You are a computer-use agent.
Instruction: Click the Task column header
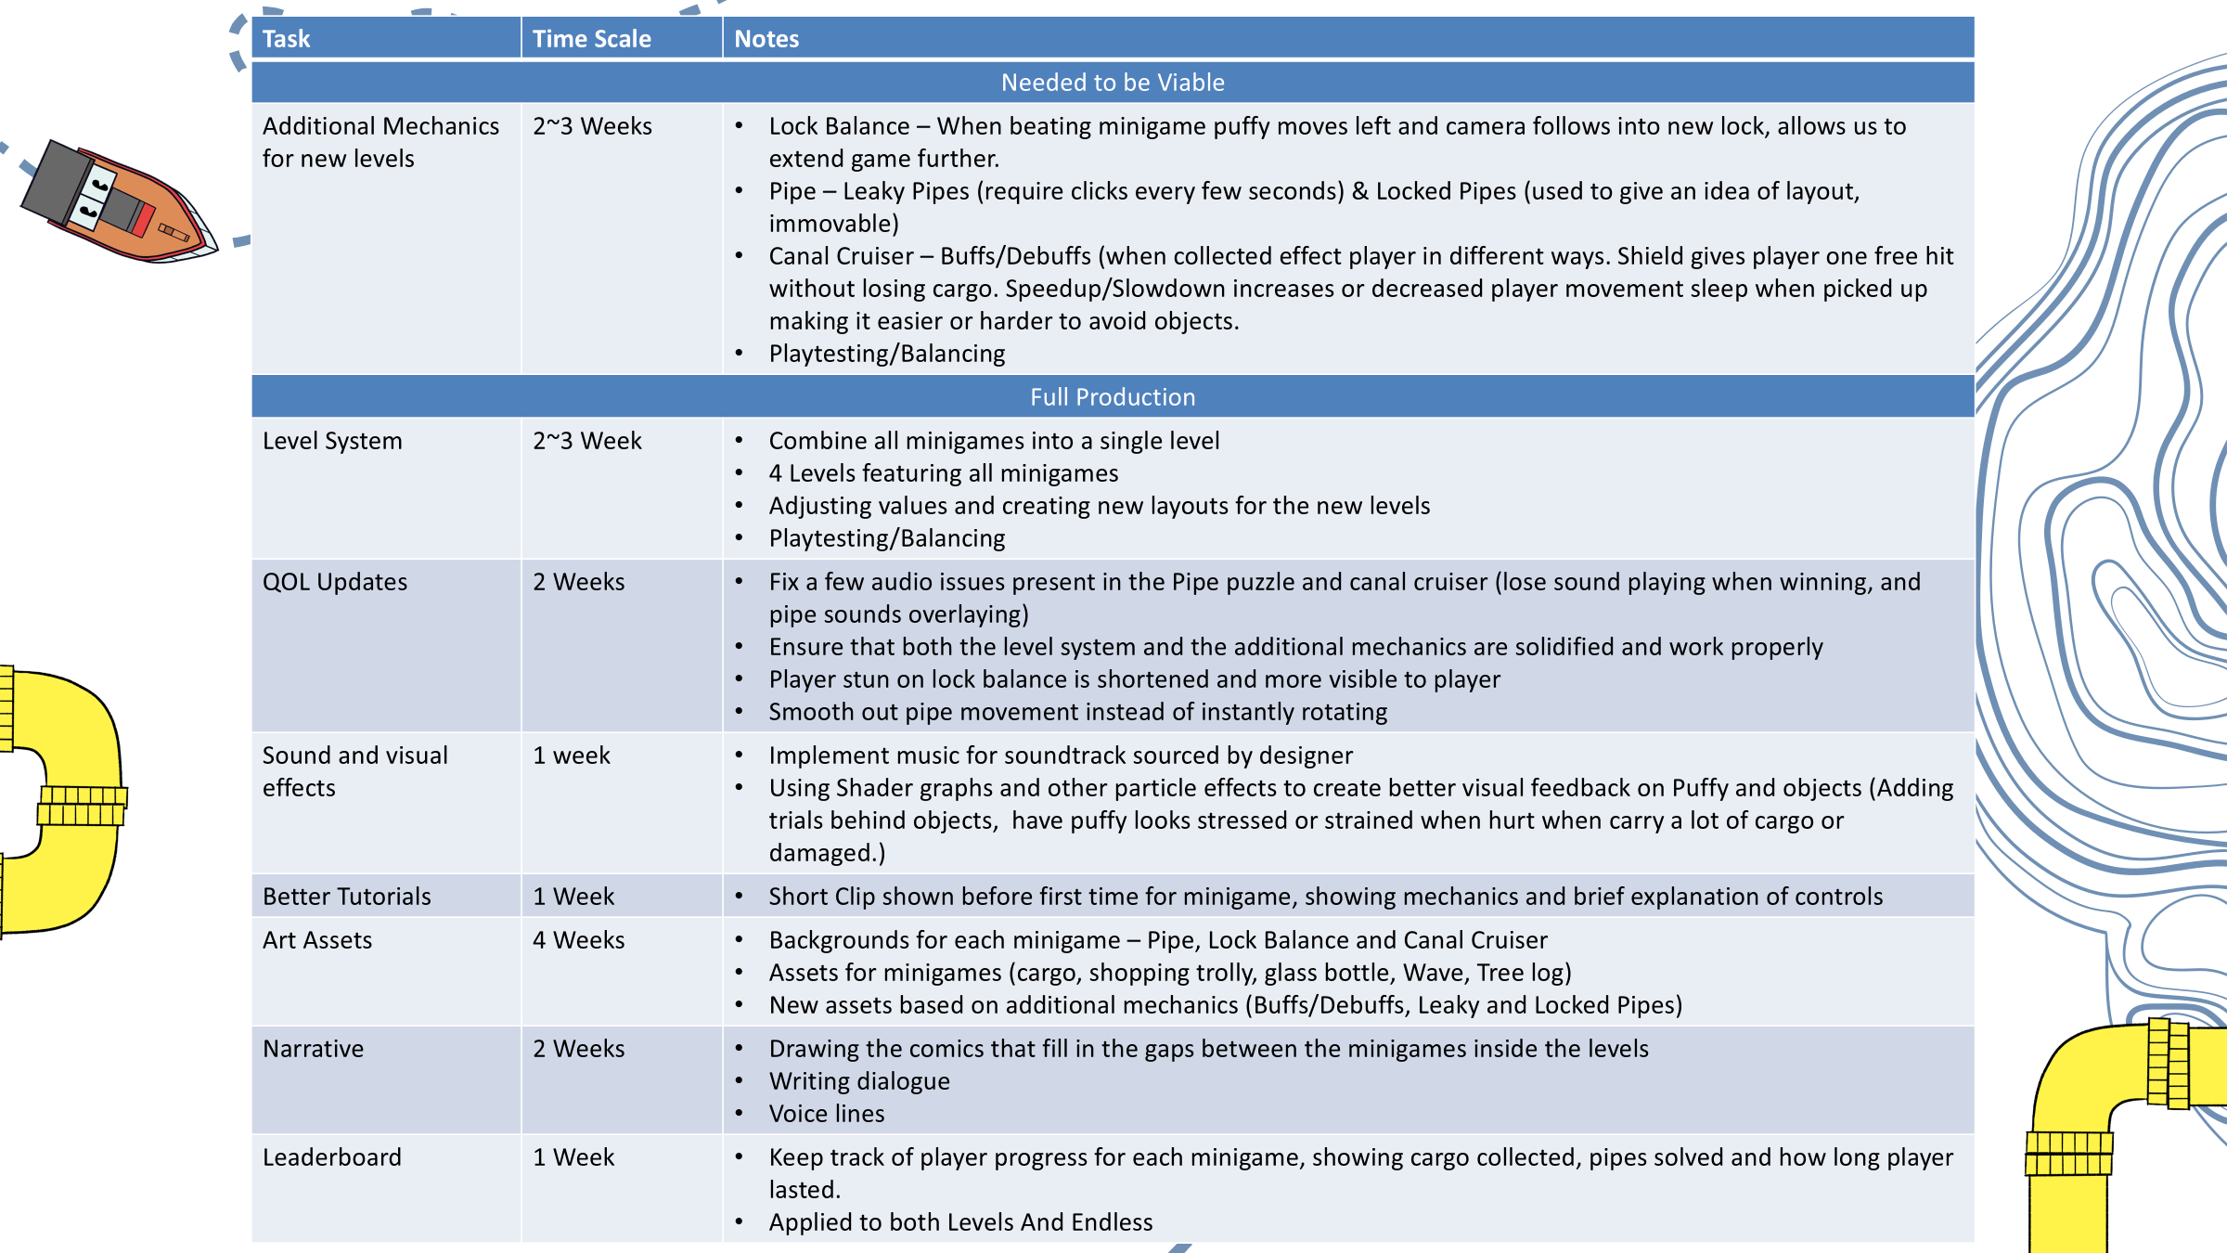(x=286, y=39)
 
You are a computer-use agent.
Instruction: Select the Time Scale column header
(x=591, y=39)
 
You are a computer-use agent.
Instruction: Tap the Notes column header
(x=766, y=39)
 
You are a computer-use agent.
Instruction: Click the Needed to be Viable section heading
(x=1112, y=83)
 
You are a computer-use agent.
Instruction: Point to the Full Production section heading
(x=1112, y=397)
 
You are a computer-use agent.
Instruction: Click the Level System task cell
(x=332, y=441)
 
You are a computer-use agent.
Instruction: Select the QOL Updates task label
(x=335, y=582)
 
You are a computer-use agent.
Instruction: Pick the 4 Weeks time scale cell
(x=578, y=940)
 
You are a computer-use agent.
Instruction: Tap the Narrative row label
(x=313, y=1049)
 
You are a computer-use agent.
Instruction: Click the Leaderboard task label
(x=331, y=1157)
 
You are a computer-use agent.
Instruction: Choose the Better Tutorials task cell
(x=346, y=897)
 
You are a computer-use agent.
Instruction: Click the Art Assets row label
(x=316, y=940)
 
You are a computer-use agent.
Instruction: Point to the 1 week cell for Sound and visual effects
(x=571, y=756)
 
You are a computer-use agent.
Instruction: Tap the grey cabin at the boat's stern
(x=56, y=181)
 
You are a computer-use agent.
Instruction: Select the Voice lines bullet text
(x=826, y=1114)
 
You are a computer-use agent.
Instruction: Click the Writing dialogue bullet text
(x=858, y=1081)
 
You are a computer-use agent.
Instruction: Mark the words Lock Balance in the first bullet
(x=839, y=126)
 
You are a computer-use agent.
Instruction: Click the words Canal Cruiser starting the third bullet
(x=841, y=256)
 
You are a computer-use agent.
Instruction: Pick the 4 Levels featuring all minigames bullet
(x=943, y=473)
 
